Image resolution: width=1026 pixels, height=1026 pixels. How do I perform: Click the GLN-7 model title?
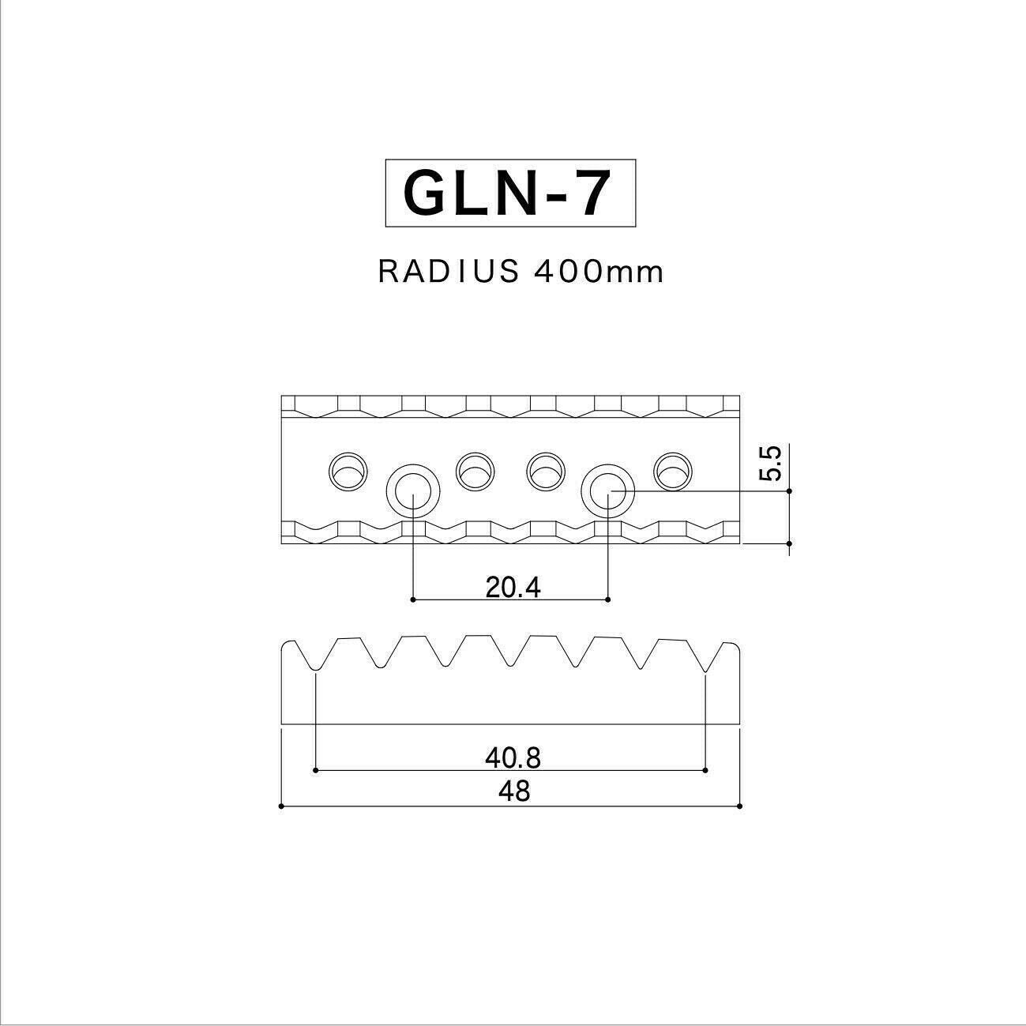point(509,194)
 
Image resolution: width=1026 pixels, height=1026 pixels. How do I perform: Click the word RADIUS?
point(449,272)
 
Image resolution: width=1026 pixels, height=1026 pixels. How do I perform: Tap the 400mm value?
point(599,272)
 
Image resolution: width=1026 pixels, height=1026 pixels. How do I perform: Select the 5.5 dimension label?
point(770,464)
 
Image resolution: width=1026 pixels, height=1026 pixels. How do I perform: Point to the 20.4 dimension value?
point(513,587)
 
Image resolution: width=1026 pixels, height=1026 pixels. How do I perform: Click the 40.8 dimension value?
point(513,758)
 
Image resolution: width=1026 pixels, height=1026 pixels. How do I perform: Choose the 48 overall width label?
point(514,791)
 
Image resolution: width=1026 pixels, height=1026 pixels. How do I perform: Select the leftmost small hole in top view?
point(348,472)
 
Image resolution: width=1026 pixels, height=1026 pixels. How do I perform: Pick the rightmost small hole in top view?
point(673,472)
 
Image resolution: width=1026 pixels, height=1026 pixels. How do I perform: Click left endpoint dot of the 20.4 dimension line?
point(413,600)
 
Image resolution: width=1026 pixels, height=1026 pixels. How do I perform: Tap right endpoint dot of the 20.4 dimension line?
point(607,600)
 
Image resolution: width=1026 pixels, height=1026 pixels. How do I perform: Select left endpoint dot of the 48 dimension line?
point(282,806)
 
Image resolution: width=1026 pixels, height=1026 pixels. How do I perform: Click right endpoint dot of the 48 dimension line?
point(740,806)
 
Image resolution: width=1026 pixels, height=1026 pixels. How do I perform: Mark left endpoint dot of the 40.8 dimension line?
point(315,769)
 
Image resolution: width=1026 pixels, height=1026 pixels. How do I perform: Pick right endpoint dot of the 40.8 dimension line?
point(705,769)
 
